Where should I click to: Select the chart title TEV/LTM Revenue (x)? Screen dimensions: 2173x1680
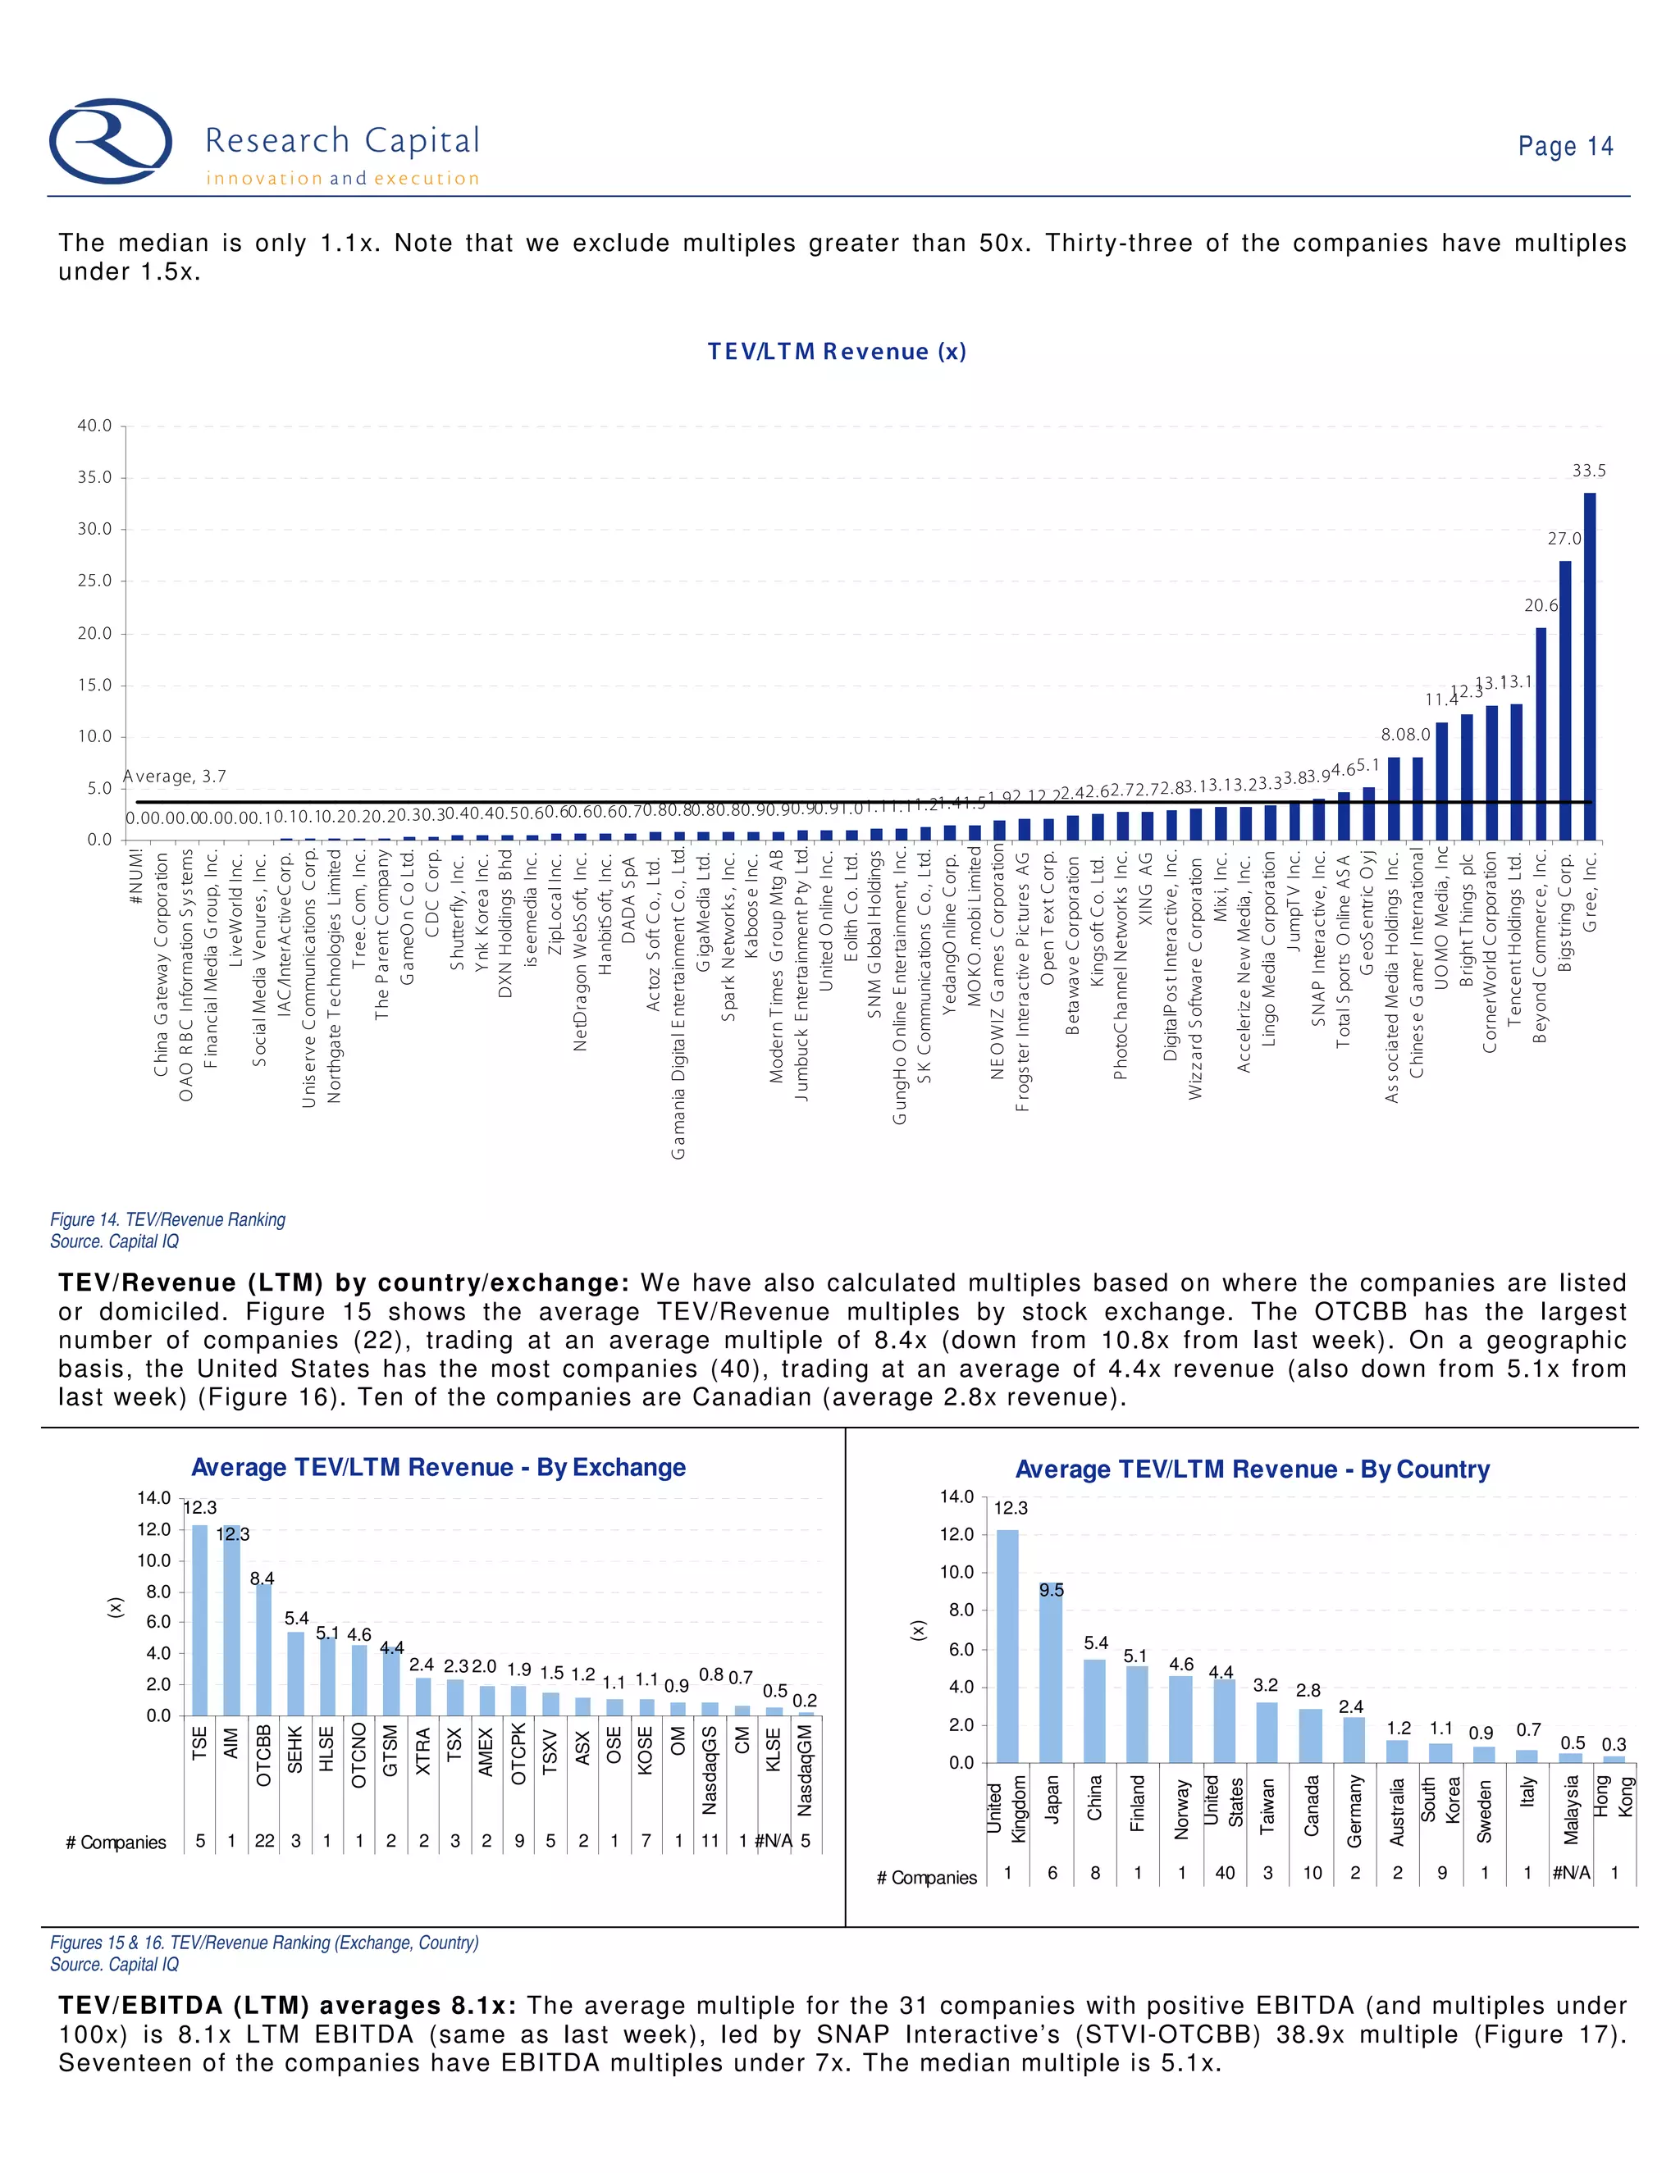(x=836, y=351)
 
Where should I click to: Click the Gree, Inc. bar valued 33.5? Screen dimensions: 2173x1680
(x=1590, y=666)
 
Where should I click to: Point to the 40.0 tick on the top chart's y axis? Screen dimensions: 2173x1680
(x=94, y=426)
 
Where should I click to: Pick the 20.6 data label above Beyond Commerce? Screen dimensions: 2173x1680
(x=1541, y=605)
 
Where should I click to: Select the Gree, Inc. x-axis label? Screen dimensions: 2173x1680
(x=1591, y=891)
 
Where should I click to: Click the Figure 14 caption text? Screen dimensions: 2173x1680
(x=168, y=1220)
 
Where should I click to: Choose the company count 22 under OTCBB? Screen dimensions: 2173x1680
(x=264, y=1841)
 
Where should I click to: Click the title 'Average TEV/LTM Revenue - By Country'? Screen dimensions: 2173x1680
(x=1252, y=1469)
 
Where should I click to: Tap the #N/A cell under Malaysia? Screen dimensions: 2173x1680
(x=1572, y=1873)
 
